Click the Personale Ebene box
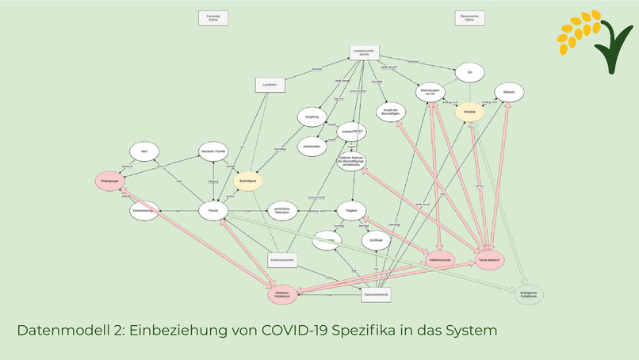212,18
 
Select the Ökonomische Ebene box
469,18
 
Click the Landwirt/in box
270,85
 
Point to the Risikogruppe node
111,182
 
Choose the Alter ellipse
144,151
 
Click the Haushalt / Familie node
213,151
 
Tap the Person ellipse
213,211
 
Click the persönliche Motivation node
281,211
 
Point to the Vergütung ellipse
312,117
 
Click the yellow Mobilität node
469,113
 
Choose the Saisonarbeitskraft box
376,294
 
